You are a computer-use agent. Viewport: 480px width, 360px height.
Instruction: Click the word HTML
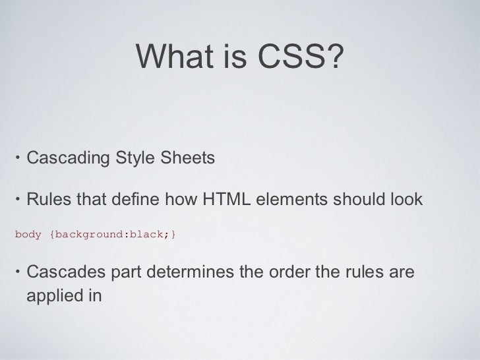coord(223,198)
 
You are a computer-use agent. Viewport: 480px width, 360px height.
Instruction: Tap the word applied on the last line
coord(55,295)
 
